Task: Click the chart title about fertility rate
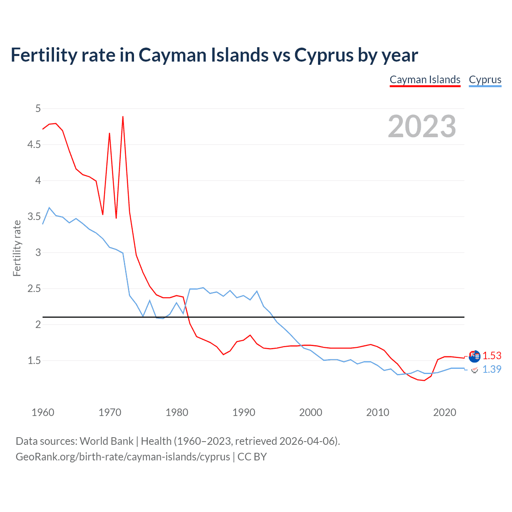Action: [214, 55]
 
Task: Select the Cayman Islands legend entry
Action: [425, 80]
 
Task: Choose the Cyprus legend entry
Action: [485, 80]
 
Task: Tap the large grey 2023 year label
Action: [422, 126]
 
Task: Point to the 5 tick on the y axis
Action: [38, 108]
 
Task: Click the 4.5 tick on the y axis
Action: [34, 144]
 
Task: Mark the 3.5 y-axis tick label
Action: [34, 216]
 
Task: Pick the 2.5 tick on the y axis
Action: [34, 288]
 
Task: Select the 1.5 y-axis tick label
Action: [34, 360]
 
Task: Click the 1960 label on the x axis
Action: [43, 412]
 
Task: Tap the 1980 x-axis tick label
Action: [177, 412]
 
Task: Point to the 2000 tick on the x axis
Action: [310, 412]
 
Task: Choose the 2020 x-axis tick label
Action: [444, 412]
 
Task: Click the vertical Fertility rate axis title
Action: [17, 248]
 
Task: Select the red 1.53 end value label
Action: [492, 356]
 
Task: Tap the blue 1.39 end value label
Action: [492, 369]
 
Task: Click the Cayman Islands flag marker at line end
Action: [474, 356]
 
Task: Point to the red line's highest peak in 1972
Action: [123, 116]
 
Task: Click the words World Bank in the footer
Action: [106, 441]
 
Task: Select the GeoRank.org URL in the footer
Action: [123, 456]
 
